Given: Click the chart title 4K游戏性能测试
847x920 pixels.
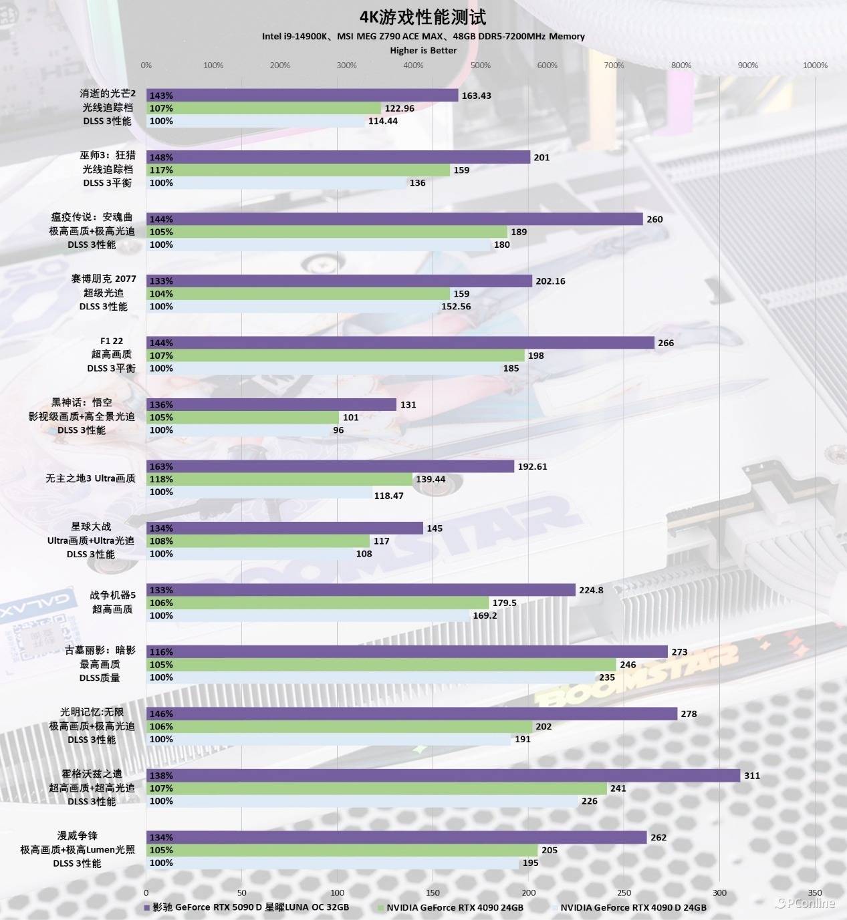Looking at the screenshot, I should coord(422,17).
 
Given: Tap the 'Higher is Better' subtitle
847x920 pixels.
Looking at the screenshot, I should coord(423,50).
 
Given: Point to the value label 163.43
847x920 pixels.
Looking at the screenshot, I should coord(476,96).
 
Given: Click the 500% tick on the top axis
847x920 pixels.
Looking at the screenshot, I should coord(480,65).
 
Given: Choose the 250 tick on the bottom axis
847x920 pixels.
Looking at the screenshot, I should coord(624,893).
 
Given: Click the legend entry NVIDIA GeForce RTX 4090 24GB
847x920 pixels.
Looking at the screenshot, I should coord(455,907).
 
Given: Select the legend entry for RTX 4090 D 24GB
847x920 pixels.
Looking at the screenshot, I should coord(632,907).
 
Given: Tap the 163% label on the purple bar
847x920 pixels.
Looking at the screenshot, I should coord(161,466).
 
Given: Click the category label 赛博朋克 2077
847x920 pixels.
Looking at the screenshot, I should coord(104,279).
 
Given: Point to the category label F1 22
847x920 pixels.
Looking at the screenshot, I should coord(112,341).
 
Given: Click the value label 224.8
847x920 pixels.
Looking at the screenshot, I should coord(591,590).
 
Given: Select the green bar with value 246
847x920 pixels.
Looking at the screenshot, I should coord(381,664).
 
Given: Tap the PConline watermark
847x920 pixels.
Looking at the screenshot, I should coord(806,903).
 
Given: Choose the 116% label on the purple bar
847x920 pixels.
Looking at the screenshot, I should coord(161,651).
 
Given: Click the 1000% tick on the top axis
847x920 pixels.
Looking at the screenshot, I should coord(815,65).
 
